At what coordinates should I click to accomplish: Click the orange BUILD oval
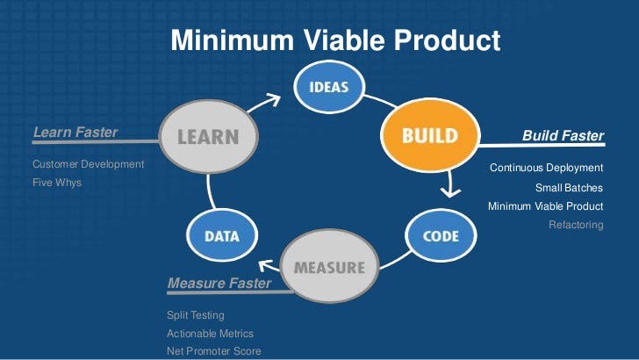(430, 135)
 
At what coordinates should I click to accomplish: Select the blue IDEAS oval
(329, 86)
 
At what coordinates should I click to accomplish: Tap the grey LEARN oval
(208, 137)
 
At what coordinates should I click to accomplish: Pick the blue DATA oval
(222, 235)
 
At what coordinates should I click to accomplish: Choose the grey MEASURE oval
(329, 267)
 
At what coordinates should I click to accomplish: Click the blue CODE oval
(441, 235)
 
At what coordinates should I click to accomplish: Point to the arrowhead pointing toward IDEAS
(274, 99)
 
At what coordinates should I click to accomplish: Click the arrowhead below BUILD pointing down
(450, 192)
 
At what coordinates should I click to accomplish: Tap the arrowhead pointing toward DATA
(265, 265)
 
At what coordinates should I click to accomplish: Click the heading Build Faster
(563, 135)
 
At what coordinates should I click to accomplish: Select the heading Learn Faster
(75, 132)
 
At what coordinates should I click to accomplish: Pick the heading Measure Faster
(219, 283)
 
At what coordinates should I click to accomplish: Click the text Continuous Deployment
(546, 168)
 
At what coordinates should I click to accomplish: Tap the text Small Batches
(569, 188)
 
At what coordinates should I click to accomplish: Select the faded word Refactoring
(576, 225)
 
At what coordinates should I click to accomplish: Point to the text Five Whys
(57, 183)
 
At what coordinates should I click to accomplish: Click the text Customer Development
(88, 164)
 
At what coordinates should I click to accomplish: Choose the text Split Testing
(196, 315)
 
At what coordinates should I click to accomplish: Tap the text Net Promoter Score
(214, 351)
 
